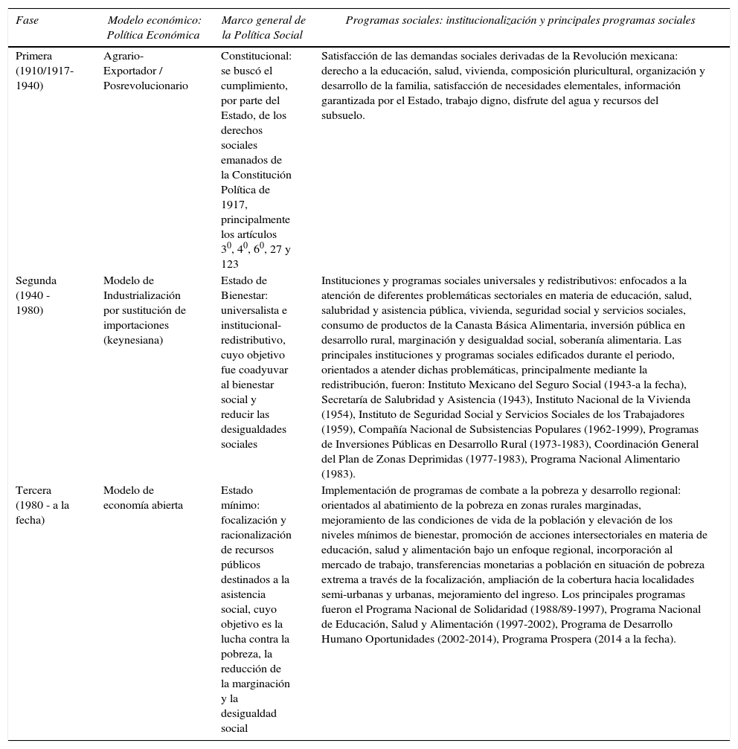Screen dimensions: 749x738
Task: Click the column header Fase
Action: click(x=28, y=21)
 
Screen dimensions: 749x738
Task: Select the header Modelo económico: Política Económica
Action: click(x=154, y=28)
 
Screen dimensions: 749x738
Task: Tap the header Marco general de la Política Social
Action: click(x=263, y=28)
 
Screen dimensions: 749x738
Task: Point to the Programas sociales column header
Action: click(x=520, y=21)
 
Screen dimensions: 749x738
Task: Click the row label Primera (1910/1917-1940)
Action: click(x=45, y=71)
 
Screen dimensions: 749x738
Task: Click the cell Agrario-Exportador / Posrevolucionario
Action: click(x=146, y=71)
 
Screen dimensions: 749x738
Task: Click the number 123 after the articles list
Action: click(x=230, y=264)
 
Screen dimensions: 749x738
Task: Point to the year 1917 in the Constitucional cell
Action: click(x=233, y=205)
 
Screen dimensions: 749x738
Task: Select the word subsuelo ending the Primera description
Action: click(x=342, y=115)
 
